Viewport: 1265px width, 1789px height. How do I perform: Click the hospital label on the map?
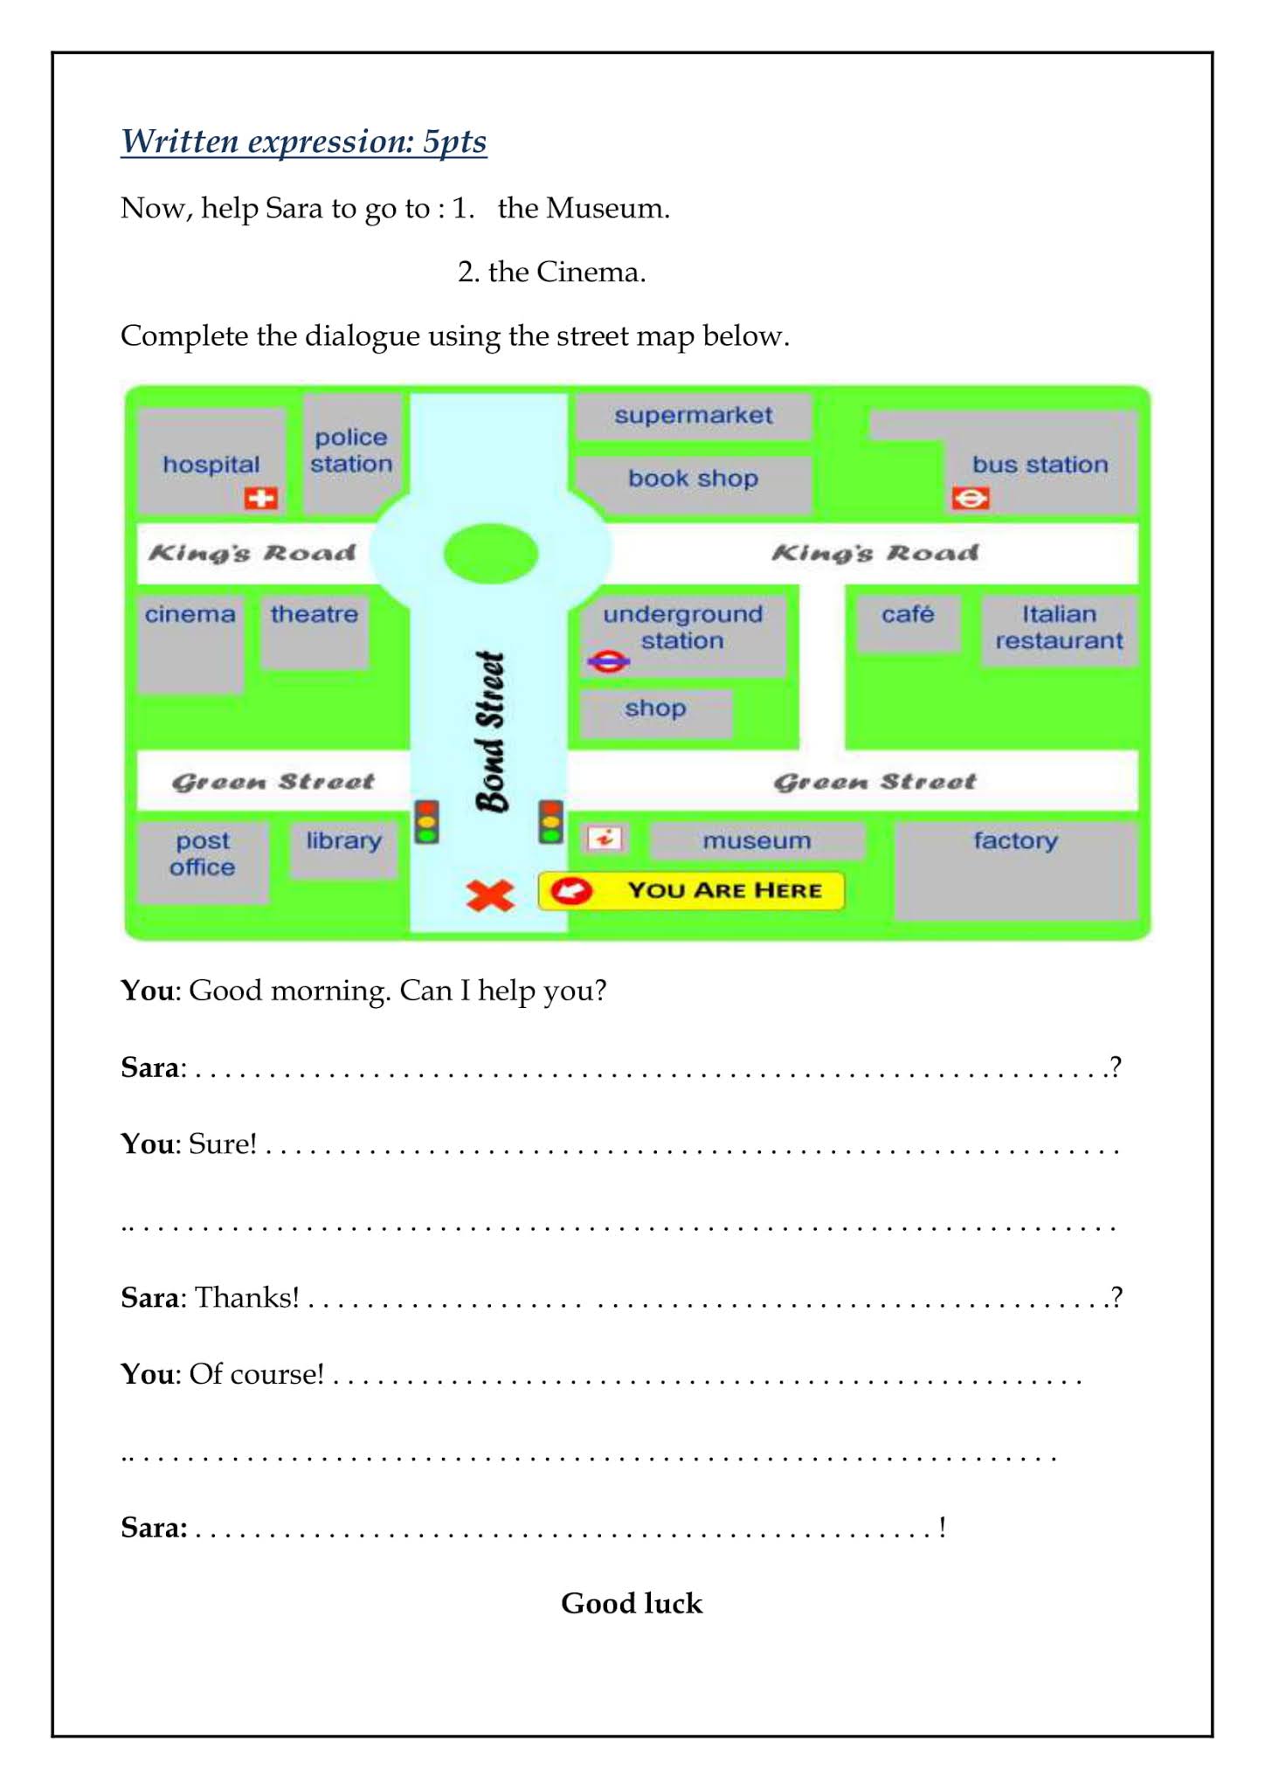(x=211, y=464)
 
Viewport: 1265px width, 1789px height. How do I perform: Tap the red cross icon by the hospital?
(x=260, y=498)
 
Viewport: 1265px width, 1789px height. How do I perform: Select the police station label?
(x=351, y=451)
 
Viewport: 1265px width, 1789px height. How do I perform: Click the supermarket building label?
(x=693, y=415)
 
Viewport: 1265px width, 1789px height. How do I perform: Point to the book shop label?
(x=693, y=479)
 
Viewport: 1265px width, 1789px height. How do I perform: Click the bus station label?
(x=1040, y=465)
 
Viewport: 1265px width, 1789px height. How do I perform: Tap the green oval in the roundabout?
(x=490, y=553)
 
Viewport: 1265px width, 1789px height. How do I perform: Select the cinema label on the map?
(x=190, y=614)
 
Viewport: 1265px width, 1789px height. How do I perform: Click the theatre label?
(x=315, y=614)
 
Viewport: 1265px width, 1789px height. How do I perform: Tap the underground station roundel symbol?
(x=608, y=661)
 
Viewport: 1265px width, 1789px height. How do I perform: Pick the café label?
(x=908, y=614)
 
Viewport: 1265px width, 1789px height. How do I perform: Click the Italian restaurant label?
(x=1059, y=627)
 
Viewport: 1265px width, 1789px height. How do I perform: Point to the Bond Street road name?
(x=491, y=732)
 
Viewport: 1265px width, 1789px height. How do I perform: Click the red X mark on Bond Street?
(x=490, y=895)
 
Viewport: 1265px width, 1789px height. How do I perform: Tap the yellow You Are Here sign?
(x=691, y=891)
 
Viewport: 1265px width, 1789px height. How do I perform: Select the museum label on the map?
(x=757, y=840)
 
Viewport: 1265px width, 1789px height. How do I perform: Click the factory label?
(x=1015, y=840)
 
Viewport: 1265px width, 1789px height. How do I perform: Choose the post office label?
(x=203, y=853)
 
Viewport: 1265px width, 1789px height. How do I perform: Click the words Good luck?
(x=632, y=1603)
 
